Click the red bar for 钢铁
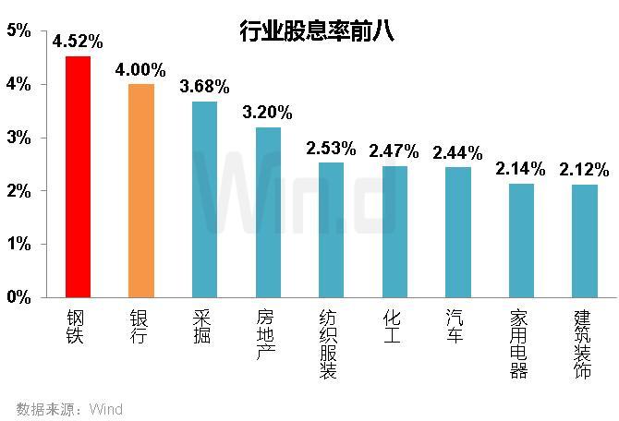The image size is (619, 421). [78, 176]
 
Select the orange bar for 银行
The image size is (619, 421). [141, 190]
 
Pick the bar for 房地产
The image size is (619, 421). [268, 211]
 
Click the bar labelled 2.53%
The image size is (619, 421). [331, 230]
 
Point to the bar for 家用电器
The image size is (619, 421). [521, 240]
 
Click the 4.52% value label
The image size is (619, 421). [78, 41]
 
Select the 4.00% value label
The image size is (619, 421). [141, 70]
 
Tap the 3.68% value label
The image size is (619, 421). [203, 87]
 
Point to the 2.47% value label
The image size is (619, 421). [394, 150]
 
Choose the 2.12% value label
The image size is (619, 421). [584, 170]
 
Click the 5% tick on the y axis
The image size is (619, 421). [18, 31]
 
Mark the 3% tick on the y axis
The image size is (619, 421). [18, 138]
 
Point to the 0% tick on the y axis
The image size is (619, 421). [18, 297]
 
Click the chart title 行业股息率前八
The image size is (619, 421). [317, 31]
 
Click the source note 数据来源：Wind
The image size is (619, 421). [69, 409]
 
